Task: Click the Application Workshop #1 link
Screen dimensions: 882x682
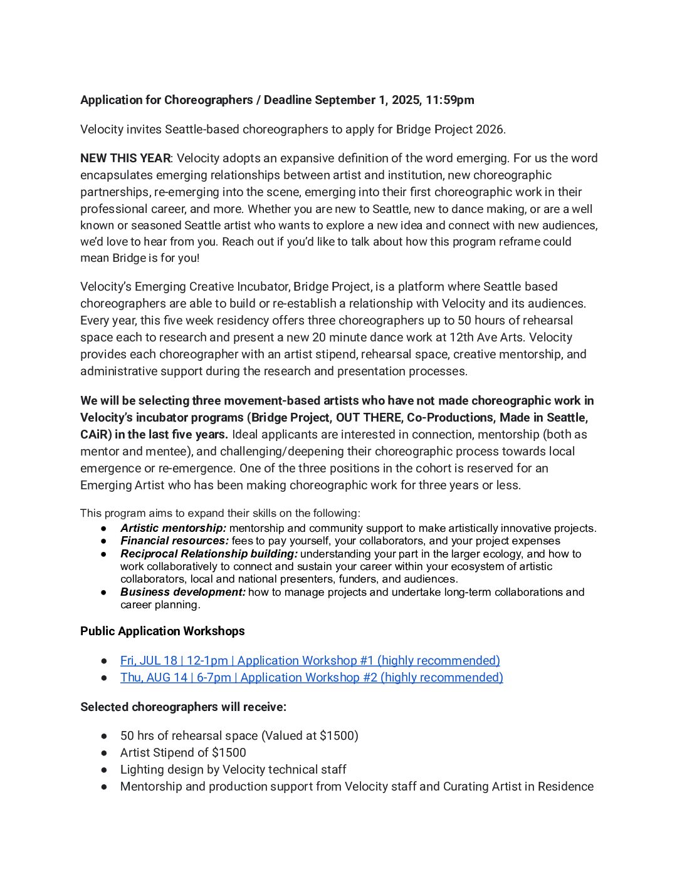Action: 310,660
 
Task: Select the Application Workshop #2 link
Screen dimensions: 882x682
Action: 312,677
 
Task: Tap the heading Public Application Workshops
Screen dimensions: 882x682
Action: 162,631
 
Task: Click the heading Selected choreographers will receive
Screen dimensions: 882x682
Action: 183,707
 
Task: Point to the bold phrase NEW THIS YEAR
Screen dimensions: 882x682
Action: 125,158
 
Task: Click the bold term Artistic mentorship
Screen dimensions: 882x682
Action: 173,528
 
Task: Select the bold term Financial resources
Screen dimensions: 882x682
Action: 174,541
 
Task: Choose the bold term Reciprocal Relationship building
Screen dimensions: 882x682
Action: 209,554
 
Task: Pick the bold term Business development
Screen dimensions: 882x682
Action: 182,592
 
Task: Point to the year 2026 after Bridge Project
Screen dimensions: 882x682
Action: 490,129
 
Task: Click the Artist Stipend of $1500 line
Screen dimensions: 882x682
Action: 183,752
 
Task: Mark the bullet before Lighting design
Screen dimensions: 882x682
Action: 105,769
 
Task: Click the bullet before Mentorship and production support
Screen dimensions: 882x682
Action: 105,786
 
